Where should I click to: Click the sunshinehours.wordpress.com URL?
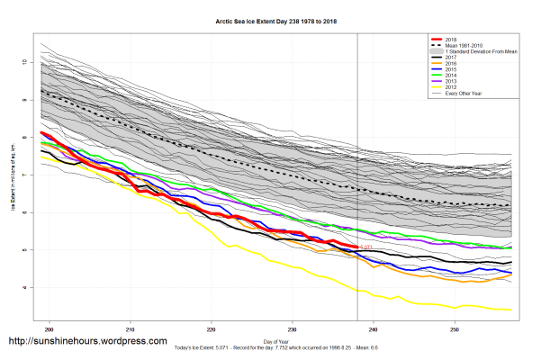coord(87,342)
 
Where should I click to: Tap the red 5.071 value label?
coord(366,246)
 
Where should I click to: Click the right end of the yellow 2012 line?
coord(511,310)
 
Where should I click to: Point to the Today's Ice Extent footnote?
coord(270,349)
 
